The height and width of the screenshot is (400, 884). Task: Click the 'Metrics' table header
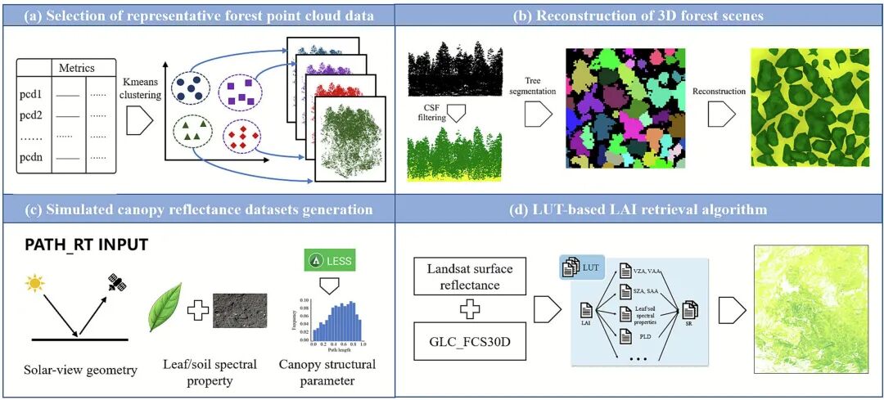tap(77, 68)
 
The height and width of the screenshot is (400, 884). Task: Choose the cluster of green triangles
tap(192, 133)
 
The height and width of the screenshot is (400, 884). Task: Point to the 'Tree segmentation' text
tap(533, 86)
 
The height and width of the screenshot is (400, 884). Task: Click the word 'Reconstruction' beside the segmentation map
tap(719, 91)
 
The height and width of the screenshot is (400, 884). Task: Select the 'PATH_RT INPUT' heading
tap(76, 245)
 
